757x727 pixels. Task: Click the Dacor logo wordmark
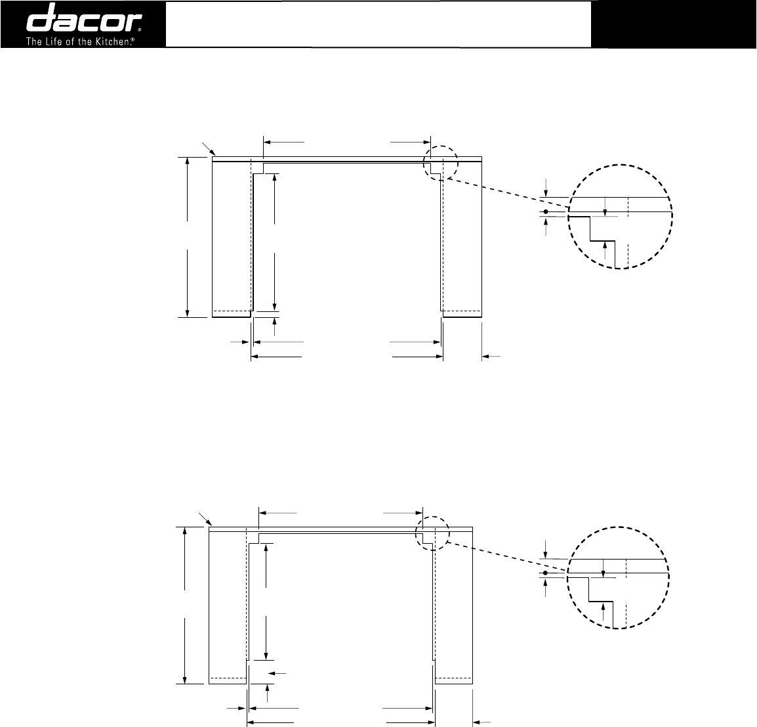(x=83, y=19)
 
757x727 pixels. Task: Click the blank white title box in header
(x=378, y=24)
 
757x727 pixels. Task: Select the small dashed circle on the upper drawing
(x=440, y=163)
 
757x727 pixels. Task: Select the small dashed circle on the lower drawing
(x=432, y=533)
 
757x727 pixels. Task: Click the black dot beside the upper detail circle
(x=546, y=211)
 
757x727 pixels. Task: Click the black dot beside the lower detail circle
(x=545, y=573)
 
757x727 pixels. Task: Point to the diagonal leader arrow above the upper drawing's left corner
(x=209, y=148)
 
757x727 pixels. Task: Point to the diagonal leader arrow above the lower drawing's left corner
(x=206, y=519)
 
